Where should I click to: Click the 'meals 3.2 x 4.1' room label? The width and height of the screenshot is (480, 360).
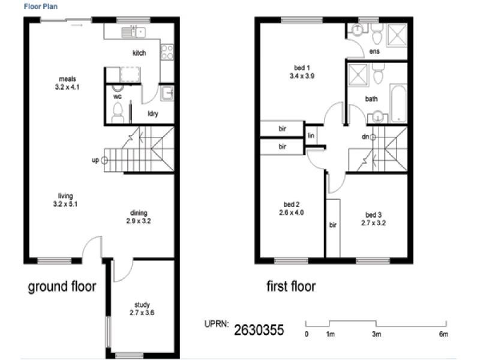tap(67, 83)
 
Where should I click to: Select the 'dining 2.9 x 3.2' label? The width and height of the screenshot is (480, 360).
tap(139, 217)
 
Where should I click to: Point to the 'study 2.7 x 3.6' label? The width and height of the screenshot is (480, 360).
tap(142, 308)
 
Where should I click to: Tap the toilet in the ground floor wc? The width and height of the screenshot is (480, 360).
tap(118, 112)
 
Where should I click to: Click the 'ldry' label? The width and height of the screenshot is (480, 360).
tap(153, 114)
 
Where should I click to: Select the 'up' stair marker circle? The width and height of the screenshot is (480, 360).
tap(104, 160)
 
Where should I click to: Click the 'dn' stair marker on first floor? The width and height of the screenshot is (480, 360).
tap(373, 137)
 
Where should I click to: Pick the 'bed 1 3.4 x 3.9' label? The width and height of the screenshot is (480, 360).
tap(302, 72)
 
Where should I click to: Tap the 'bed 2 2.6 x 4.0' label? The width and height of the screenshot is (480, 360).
tap(292, 208)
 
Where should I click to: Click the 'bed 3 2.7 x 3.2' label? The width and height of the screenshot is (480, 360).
tap(373, 218)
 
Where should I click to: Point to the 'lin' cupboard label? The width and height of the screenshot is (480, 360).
tap(311, 136)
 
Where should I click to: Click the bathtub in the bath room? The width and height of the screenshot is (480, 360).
tap(398, 102)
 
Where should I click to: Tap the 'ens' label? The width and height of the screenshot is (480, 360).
tap(374, 52)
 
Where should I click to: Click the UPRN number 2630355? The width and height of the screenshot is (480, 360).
tap(259, 329)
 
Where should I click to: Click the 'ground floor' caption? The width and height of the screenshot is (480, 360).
tap(62, 287)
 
